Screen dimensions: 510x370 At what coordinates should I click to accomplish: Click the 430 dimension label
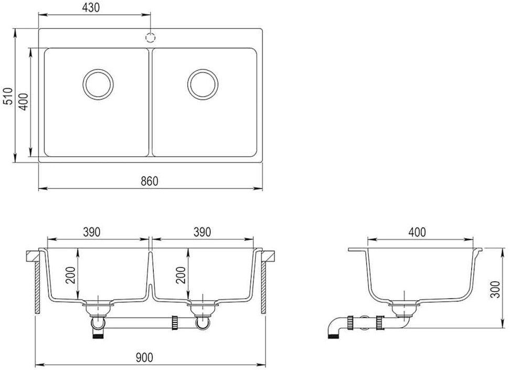point(91,7)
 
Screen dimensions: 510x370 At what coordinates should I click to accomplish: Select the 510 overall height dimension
point(8,96)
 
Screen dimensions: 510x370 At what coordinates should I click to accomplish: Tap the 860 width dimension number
point(150,181)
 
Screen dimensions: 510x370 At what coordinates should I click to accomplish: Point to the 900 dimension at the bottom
point(144,357)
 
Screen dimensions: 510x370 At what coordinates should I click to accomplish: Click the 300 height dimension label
point(495,289)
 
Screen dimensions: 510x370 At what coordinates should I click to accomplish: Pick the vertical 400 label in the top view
point(23,102)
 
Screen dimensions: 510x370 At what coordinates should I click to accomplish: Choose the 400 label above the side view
point(417,232)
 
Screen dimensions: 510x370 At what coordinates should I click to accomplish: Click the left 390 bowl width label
point(92,232)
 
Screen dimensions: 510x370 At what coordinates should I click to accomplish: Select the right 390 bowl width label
point(202,232)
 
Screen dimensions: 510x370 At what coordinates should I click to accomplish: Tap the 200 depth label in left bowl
point(71,275)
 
